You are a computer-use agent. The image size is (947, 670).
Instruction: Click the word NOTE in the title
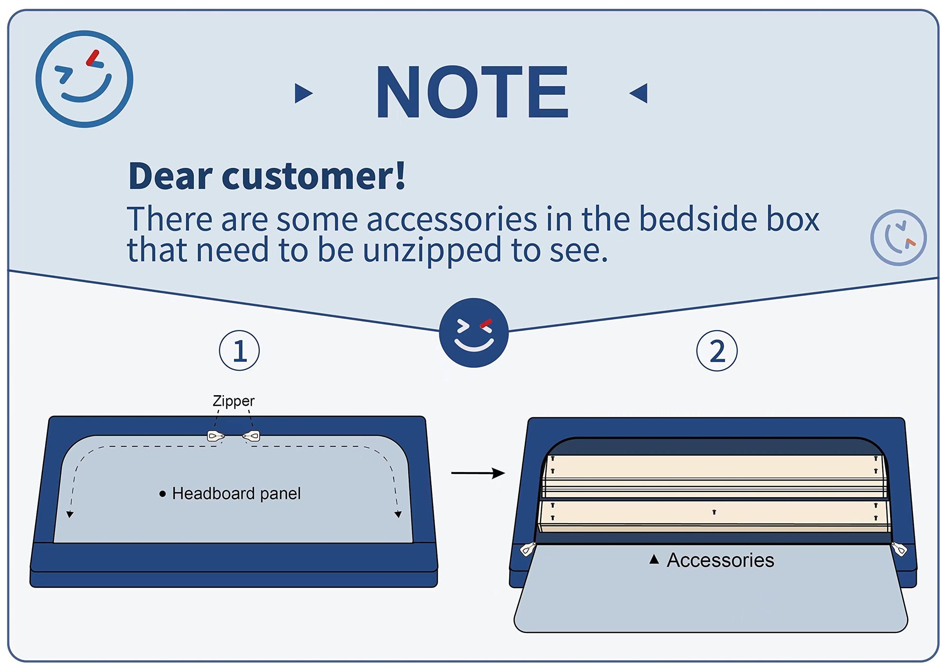[x=472, y=92]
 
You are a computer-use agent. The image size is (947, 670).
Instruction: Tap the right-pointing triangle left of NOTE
[x=303, y=93]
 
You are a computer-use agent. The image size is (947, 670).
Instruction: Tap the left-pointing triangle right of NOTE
[x=638, y=92]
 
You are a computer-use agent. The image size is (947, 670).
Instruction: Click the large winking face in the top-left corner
[x=84, y=79]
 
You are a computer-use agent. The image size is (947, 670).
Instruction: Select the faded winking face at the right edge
[x=898, y=237]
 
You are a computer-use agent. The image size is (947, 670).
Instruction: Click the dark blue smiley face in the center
[x=473, y=333]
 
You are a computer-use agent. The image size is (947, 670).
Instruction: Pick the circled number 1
[x=239, y=350]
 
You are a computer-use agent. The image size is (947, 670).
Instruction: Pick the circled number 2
[x=717, y=350]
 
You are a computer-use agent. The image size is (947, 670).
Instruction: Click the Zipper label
[x=234, y=401]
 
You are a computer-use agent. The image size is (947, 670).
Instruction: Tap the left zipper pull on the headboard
[x=216, y=435]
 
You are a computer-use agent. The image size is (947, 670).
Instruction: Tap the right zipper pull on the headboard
[x=252, y=436]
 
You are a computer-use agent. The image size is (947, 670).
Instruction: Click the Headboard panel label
[x=237, y=493]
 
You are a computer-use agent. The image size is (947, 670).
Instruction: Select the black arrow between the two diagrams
[x=478, y=473]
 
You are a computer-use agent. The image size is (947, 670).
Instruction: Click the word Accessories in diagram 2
[x=720, y=560]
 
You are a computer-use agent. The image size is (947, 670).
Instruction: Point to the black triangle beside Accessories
[x=654, y=560]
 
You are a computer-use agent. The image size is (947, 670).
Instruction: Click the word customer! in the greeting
[x=313, y=176]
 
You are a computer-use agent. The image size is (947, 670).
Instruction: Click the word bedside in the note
[x=698, y=219]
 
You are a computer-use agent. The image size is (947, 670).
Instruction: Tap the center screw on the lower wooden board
[x=714, y=512]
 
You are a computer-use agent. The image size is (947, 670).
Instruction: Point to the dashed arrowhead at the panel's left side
[x=70, y=514]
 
